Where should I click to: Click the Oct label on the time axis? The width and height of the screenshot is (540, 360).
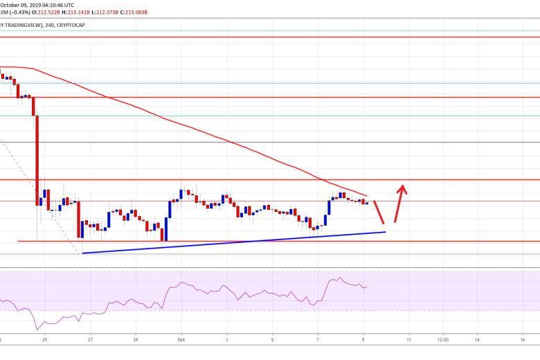[x=181, y=340]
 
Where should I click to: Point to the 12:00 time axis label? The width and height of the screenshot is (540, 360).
[x=442, y=340]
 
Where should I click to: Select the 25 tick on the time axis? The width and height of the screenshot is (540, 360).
[x=44, y=340]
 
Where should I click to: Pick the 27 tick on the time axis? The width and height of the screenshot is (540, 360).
[x=91, y=340]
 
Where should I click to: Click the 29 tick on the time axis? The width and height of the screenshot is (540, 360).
[x=136, y=340]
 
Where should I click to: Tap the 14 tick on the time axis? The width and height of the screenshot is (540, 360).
[x=477, y=340]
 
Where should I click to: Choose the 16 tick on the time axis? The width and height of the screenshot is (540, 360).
[x=523, y=340]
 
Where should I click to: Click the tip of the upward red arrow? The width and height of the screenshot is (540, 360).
[x=402, y=185]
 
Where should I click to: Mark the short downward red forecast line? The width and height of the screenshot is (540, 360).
[x=379, y=212]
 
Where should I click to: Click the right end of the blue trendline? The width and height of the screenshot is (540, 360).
[x=384, y=232]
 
